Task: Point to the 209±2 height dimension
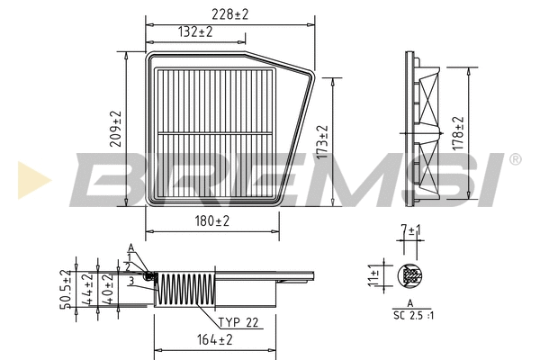point(115,130)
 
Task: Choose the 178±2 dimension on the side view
point(457,132)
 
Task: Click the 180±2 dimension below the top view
point(211,220)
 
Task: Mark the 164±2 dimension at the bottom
point(212,339)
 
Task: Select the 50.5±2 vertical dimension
point(64,289)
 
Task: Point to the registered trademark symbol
point(514,160)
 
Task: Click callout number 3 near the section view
point(130,281)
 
